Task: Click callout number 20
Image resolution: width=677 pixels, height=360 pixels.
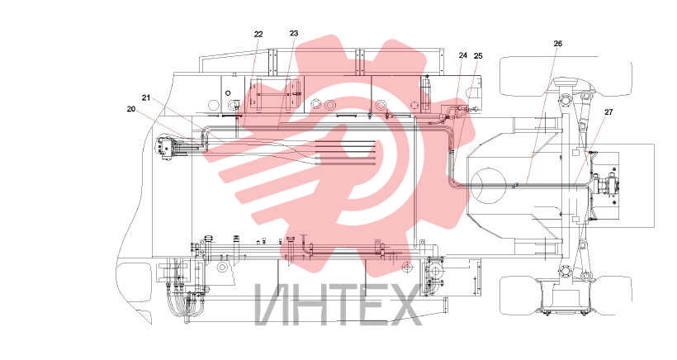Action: (131, 109)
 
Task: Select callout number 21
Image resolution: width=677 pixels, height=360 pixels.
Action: (146, 98)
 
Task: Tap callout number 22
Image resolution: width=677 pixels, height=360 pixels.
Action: (258, 35)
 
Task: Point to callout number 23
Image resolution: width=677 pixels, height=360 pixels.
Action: (294, 33)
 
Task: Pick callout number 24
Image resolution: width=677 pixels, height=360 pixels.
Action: (463, 55)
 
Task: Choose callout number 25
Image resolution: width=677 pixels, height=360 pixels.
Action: (478, 55)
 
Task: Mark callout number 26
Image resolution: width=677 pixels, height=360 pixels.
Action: (558, 44)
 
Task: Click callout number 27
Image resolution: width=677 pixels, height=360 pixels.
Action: (608, 112)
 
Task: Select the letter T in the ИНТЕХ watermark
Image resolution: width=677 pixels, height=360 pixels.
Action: (342, 305)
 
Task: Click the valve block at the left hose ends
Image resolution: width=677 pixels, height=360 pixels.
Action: (166, 148)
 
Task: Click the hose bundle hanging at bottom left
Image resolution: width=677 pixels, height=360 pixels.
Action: (187, 302)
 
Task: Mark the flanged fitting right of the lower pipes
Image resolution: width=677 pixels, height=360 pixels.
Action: (434, 272)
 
